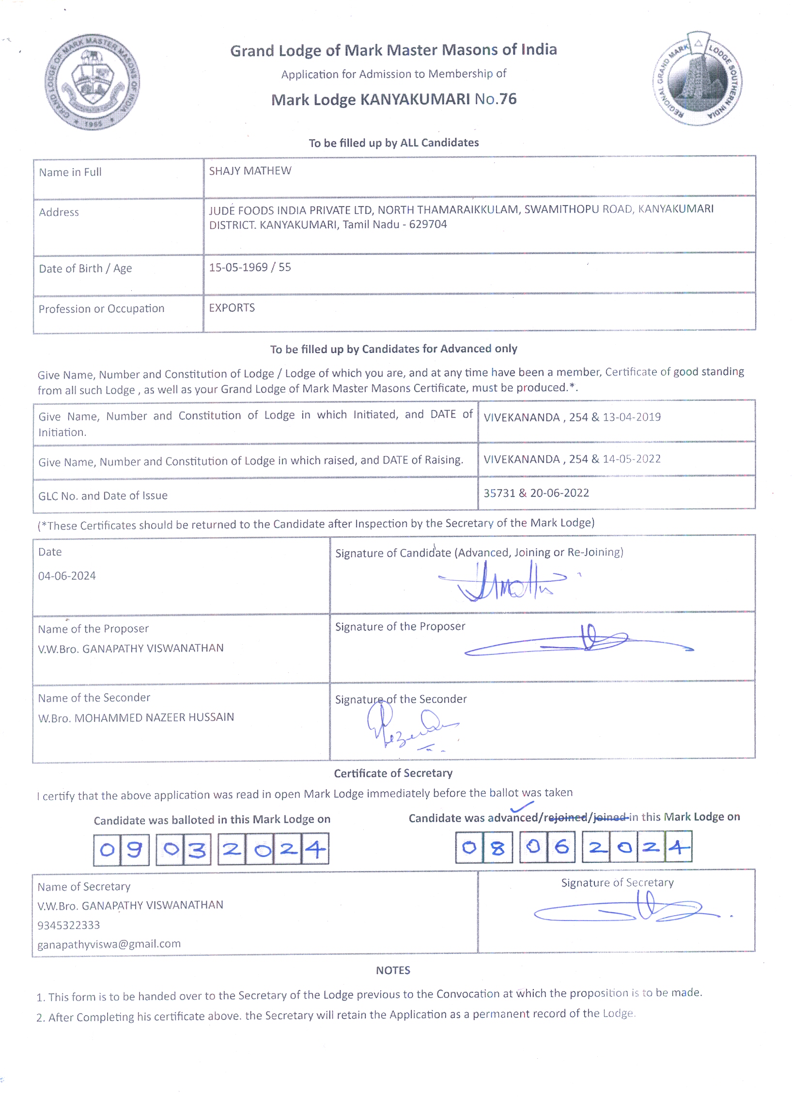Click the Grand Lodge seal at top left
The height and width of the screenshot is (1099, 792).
click(x=92, y=82)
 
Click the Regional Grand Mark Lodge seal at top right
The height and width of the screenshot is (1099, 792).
click(x=698, y=79)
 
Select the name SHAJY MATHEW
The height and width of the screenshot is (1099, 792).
click(x=250, y=171)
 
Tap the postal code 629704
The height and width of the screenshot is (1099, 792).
click(x=428, y=224)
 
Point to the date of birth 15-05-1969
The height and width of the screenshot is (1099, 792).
click(x=238, y=268)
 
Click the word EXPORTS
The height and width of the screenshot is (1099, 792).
click(x=232, y=308)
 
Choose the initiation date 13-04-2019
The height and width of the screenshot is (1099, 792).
click(x=632, y=417)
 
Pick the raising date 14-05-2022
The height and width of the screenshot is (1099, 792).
click(x=632, y=459)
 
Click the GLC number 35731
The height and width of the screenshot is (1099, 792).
click(x=499, y=493)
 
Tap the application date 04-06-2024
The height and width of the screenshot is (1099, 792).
click(x=67, y=576)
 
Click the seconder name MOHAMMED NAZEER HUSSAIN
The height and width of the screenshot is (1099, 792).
click(x=154, y=717)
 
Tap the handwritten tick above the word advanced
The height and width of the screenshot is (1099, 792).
click(x=522, y=806)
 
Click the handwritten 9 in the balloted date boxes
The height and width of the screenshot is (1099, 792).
click(x=134, y=849)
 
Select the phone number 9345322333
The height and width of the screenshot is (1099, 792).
click(x=69, y=925)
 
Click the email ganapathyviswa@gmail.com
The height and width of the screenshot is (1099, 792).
click(x=109, y=944)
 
